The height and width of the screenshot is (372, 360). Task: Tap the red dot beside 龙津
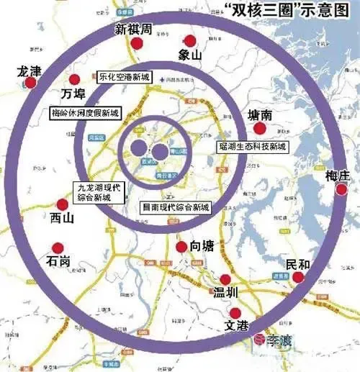30,83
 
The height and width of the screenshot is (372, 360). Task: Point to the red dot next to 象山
190,41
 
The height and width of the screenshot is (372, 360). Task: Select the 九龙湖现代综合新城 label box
100,191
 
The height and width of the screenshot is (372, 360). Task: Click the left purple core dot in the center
138,149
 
